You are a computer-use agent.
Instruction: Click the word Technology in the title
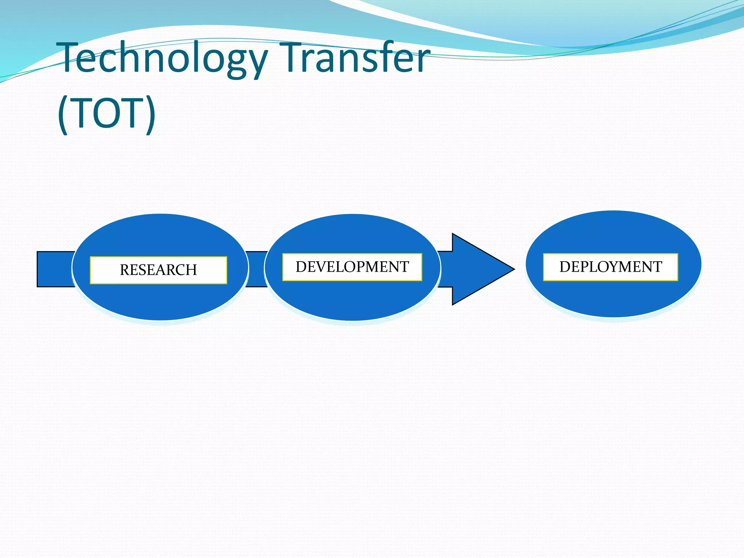163,58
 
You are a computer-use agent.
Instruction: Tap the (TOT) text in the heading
106,113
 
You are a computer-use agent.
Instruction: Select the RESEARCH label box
158,270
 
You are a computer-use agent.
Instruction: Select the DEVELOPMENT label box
352,267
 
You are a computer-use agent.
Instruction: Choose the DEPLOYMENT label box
610,267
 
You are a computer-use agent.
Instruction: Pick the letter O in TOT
107,113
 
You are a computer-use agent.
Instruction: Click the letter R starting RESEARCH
125,270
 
